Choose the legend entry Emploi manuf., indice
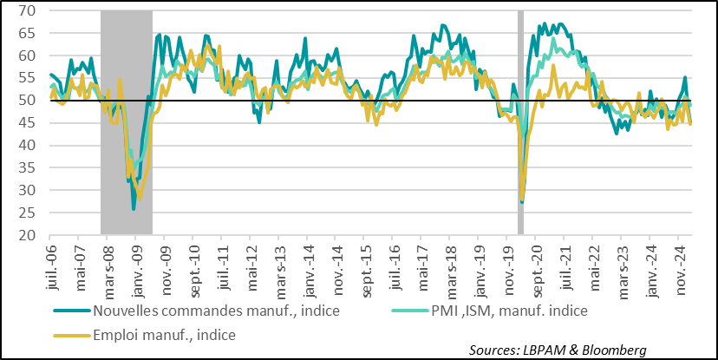[164, 333]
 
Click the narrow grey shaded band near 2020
[521, 121]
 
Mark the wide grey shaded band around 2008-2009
[127, 121]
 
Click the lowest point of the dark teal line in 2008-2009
[134, 208]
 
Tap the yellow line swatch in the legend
[70, 333]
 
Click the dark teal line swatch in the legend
[70, 311]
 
